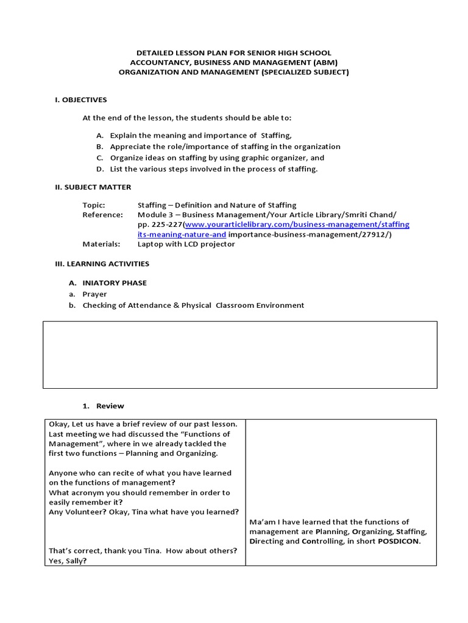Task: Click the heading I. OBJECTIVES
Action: tap(80, 100)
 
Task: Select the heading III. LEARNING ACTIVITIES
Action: tap(102, 263)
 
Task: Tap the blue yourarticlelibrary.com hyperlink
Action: tap(297, 224)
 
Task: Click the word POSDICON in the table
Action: tap(399, 541)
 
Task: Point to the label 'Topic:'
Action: tap(94, 205)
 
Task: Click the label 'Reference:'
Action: tap(102, 215)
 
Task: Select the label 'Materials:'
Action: tap(101, 244)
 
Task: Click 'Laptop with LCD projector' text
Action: tap(186, 244)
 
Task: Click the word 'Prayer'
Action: tap(94, 294)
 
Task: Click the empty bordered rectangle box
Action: tap(239, 355)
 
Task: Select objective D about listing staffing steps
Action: tap(213, 169)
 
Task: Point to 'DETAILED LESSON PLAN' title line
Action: tap(234, 53)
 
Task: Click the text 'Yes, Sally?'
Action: tap(68, 560)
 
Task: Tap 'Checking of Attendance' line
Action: tap(193, 305)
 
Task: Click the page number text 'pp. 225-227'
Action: tap(160, 224)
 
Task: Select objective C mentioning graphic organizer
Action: tap(217, 158)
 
